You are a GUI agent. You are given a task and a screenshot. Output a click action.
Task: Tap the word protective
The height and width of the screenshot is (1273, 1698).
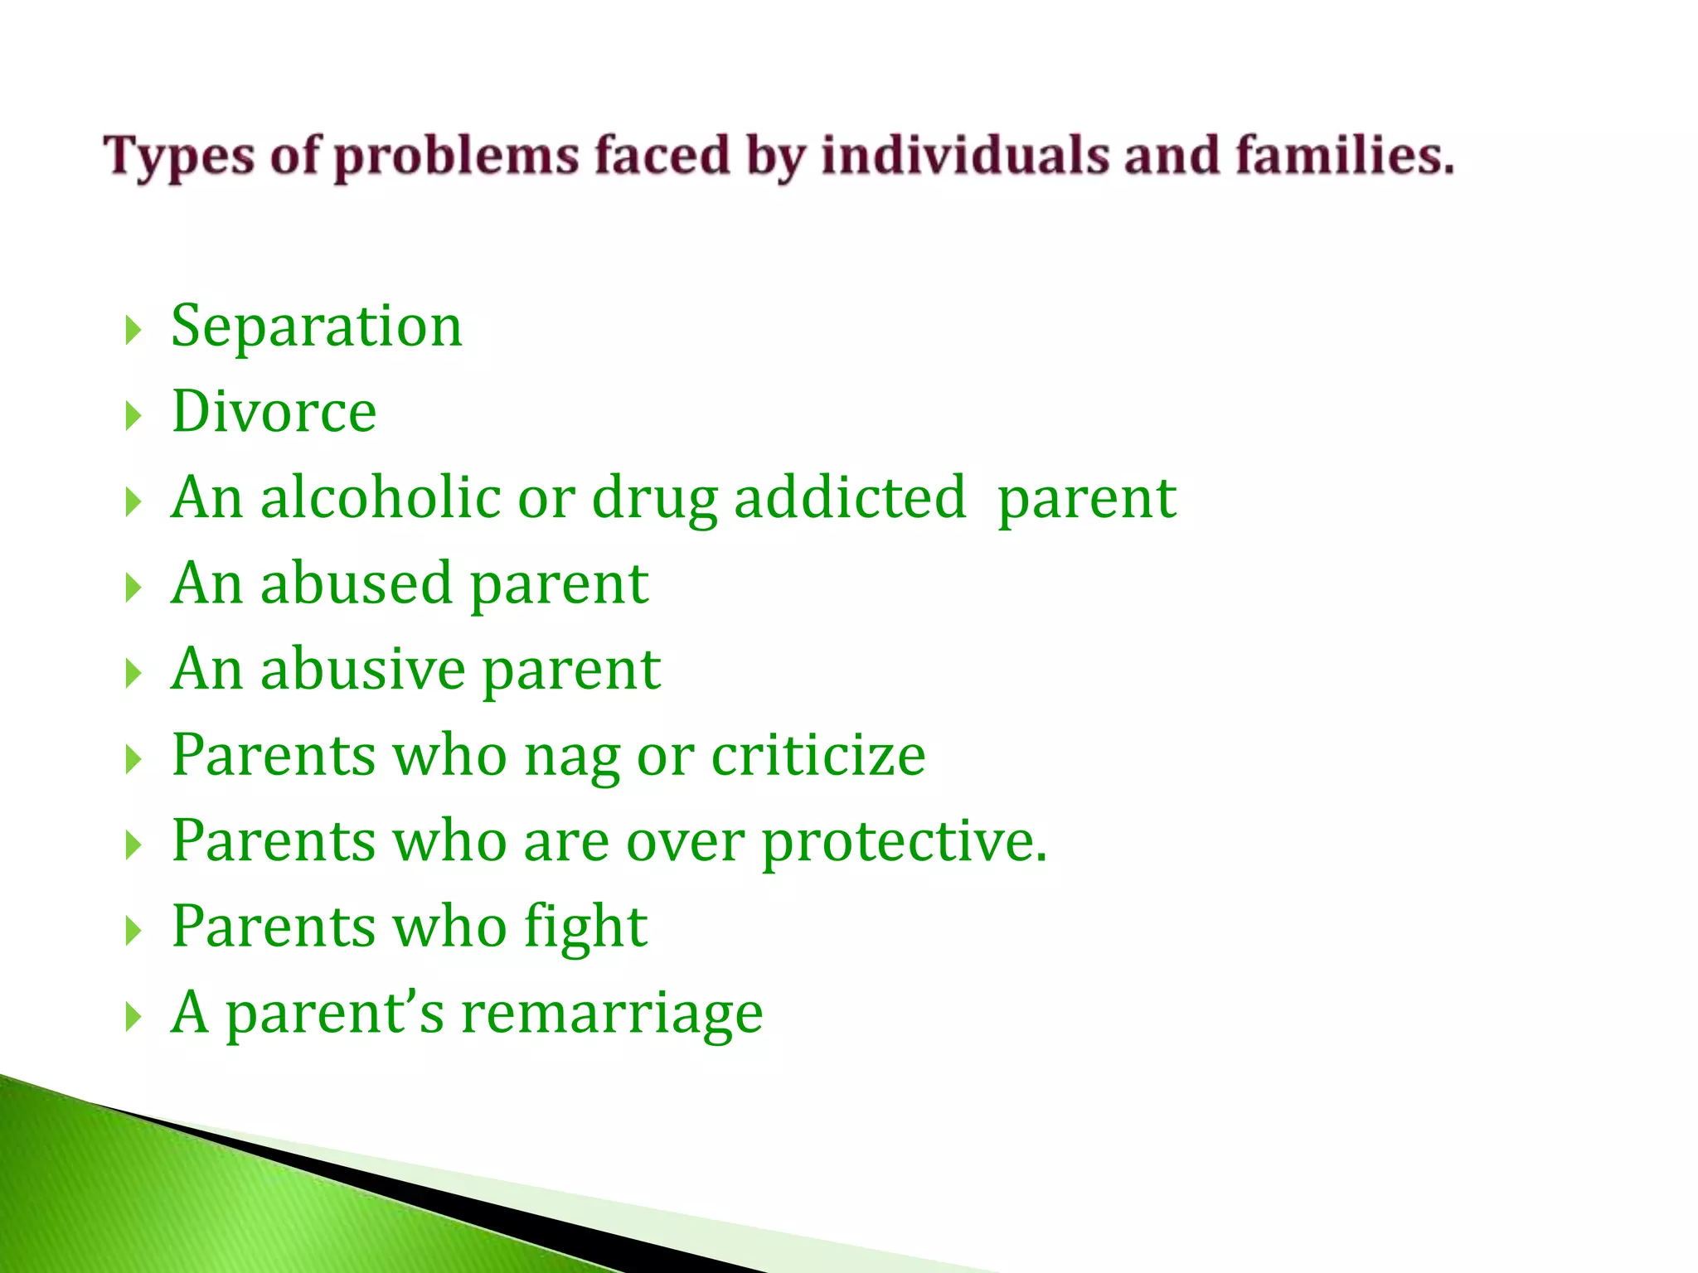coord(904,842)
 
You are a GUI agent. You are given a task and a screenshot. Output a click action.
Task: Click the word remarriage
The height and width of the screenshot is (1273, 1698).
coord(612,1013)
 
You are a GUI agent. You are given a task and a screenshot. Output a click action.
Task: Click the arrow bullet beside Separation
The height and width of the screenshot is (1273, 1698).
coord(133,330)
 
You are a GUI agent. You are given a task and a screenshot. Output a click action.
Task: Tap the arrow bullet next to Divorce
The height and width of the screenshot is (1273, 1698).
coord(133,415)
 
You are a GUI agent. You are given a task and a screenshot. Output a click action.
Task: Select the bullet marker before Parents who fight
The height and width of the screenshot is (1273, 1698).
coord(133,931)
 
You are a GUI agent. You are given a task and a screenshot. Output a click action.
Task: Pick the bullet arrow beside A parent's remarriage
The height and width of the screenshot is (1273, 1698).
coord(133,1016)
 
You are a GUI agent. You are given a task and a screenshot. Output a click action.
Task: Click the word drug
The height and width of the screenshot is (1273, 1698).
coord(655,499)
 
